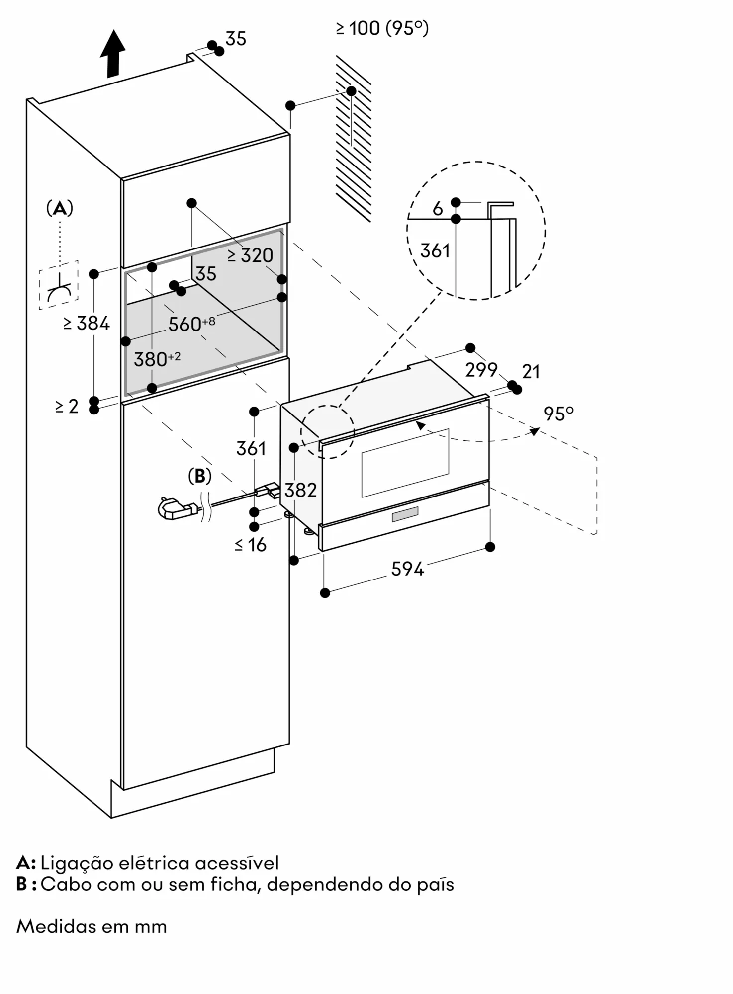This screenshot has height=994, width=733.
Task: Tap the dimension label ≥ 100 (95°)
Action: pyautogui.click(x=382, y=28)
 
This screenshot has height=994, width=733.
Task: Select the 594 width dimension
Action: pyautogui.click(x=407, y=569)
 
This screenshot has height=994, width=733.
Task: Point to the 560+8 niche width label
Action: pyautogui.click(x=191, y=324)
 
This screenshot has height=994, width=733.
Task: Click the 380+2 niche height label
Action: pyautogui.click(x=157, y=359)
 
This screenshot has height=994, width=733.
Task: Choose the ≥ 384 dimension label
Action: pyautogui.click(x=87, y=323)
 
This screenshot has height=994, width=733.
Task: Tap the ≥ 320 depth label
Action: pyautogui.click(x=250, y=255)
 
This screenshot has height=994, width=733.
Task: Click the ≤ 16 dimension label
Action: pyautogui.click(x=251, y=545)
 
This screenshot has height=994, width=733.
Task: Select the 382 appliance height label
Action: pyautogui.click(x=300, y=490)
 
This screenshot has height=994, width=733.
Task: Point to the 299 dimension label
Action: pyautogui.click(x=481, y=370)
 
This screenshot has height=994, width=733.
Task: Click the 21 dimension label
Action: pyautogui.click(x=531, y=371)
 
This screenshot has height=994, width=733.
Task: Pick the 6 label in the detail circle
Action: pyautogui.click(x=438, y=209)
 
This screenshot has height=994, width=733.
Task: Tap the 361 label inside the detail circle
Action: pyautogui.click(x=435, y=250)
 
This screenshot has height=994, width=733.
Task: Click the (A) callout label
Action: pyautogui.click(x=60, y=208)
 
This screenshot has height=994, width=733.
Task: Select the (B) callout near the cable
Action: pyautogui.click(x=200, y=476)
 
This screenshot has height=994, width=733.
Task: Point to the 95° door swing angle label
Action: pyautogui.click(x=558, y=414)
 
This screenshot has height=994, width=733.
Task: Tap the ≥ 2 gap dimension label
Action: pyautogui.click(x=67, y=406)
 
